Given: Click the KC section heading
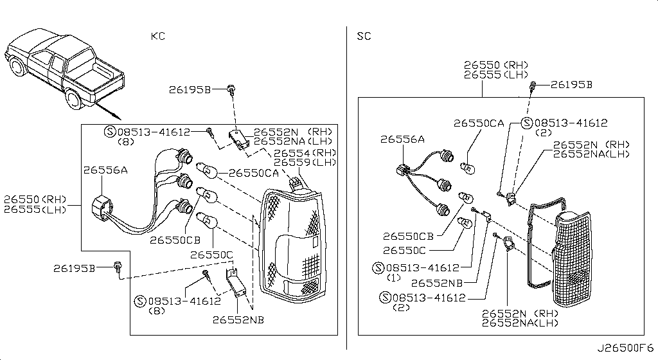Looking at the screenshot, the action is coord(158,36).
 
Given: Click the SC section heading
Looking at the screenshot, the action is coord(364,36).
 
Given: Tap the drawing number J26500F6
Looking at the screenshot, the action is coord(625,348).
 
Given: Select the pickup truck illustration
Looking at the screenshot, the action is coord(65,69).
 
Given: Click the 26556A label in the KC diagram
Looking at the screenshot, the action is coord(105,170).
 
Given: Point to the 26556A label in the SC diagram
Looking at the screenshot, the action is coord(402,139).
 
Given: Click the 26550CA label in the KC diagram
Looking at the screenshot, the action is coord(253,173).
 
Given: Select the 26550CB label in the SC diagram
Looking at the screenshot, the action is coord(408,237).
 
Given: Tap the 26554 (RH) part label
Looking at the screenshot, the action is coord(305,153).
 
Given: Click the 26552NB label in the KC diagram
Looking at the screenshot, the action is coord(238,319).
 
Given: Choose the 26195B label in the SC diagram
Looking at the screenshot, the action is coord(571,85).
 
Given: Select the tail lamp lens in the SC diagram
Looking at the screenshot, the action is coord(573,258).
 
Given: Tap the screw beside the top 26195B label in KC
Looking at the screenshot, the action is coord(231,89).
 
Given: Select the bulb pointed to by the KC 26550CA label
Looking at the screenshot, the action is coord(207,170).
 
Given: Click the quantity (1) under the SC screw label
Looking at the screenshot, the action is coord(394,278).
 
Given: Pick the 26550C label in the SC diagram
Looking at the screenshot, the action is coord(405,251).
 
